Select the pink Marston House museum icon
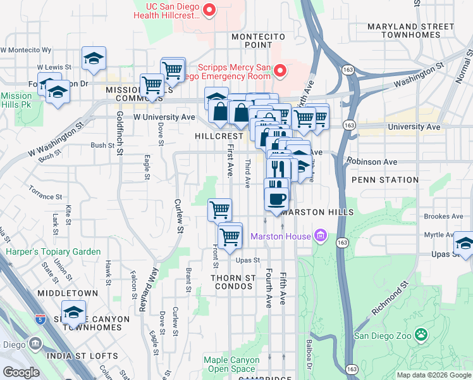pos(321,237)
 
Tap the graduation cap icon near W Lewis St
pos(94,60)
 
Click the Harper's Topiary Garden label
pos(53,251)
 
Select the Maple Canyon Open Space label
pos(231,364)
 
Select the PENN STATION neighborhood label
pos(384,180)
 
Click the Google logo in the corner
pos(21,372)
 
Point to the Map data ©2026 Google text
pos(433,375)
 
